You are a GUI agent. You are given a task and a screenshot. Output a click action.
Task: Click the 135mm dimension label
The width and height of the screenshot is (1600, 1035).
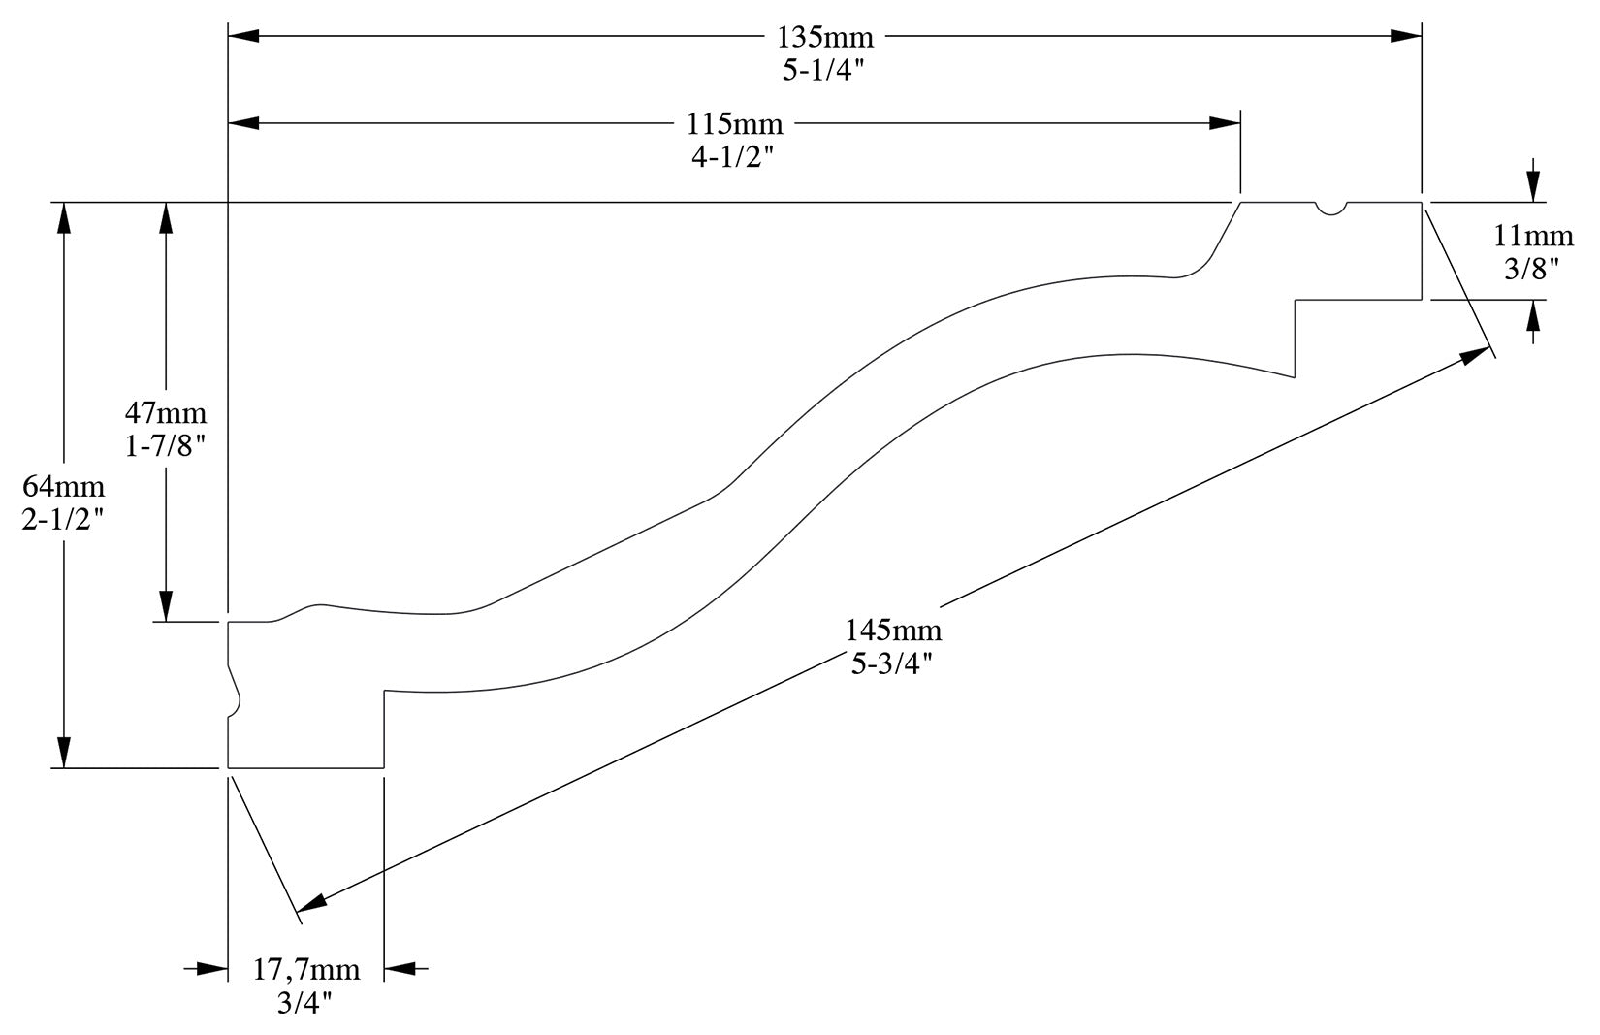[x=825, y=38]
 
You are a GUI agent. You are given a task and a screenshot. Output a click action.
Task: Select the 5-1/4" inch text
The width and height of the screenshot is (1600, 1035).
[x=825, y=71]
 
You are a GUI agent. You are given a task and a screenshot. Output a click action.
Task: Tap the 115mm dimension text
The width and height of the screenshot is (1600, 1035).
[x=735, y=124]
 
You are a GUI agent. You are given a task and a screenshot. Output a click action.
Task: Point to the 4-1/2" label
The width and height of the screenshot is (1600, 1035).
[x=735, y=157]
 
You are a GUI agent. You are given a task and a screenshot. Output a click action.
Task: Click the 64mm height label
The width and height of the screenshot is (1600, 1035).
[x=63, y=486]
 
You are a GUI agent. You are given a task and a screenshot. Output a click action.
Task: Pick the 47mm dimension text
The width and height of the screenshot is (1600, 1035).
[x=166, y=413]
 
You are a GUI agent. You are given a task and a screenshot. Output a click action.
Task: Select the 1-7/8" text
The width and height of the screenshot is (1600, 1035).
[x=166, y=446]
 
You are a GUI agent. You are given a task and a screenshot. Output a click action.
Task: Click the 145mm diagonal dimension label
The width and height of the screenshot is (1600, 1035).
[x=893, y=631]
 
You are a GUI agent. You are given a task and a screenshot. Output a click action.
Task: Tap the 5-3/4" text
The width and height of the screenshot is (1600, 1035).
[x=893, y=663]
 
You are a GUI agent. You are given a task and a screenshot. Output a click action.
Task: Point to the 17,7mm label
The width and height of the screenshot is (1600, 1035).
[x=306, y=969]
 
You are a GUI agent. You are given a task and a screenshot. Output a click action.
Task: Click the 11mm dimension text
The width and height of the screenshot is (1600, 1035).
[x=1532, y=236]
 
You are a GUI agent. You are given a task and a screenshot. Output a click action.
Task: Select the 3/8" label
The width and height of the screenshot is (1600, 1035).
[x=1532, y=269]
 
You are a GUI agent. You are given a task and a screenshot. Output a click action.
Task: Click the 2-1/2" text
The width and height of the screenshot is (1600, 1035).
[x=63, y=519]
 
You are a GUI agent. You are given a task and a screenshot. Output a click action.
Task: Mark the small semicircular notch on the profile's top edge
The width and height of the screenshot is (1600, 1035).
[x=1331, y=208]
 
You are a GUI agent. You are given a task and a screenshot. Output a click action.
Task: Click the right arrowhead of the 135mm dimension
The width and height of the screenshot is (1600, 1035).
[x=1405, y=36]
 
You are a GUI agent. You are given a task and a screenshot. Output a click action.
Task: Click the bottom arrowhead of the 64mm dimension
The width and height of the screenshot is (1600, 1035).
[x=64, y=753]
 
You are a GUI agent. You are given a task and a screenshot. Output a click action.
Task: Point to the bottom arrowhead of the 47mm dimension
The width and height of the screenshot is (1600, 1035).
[x=166, y=606]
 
